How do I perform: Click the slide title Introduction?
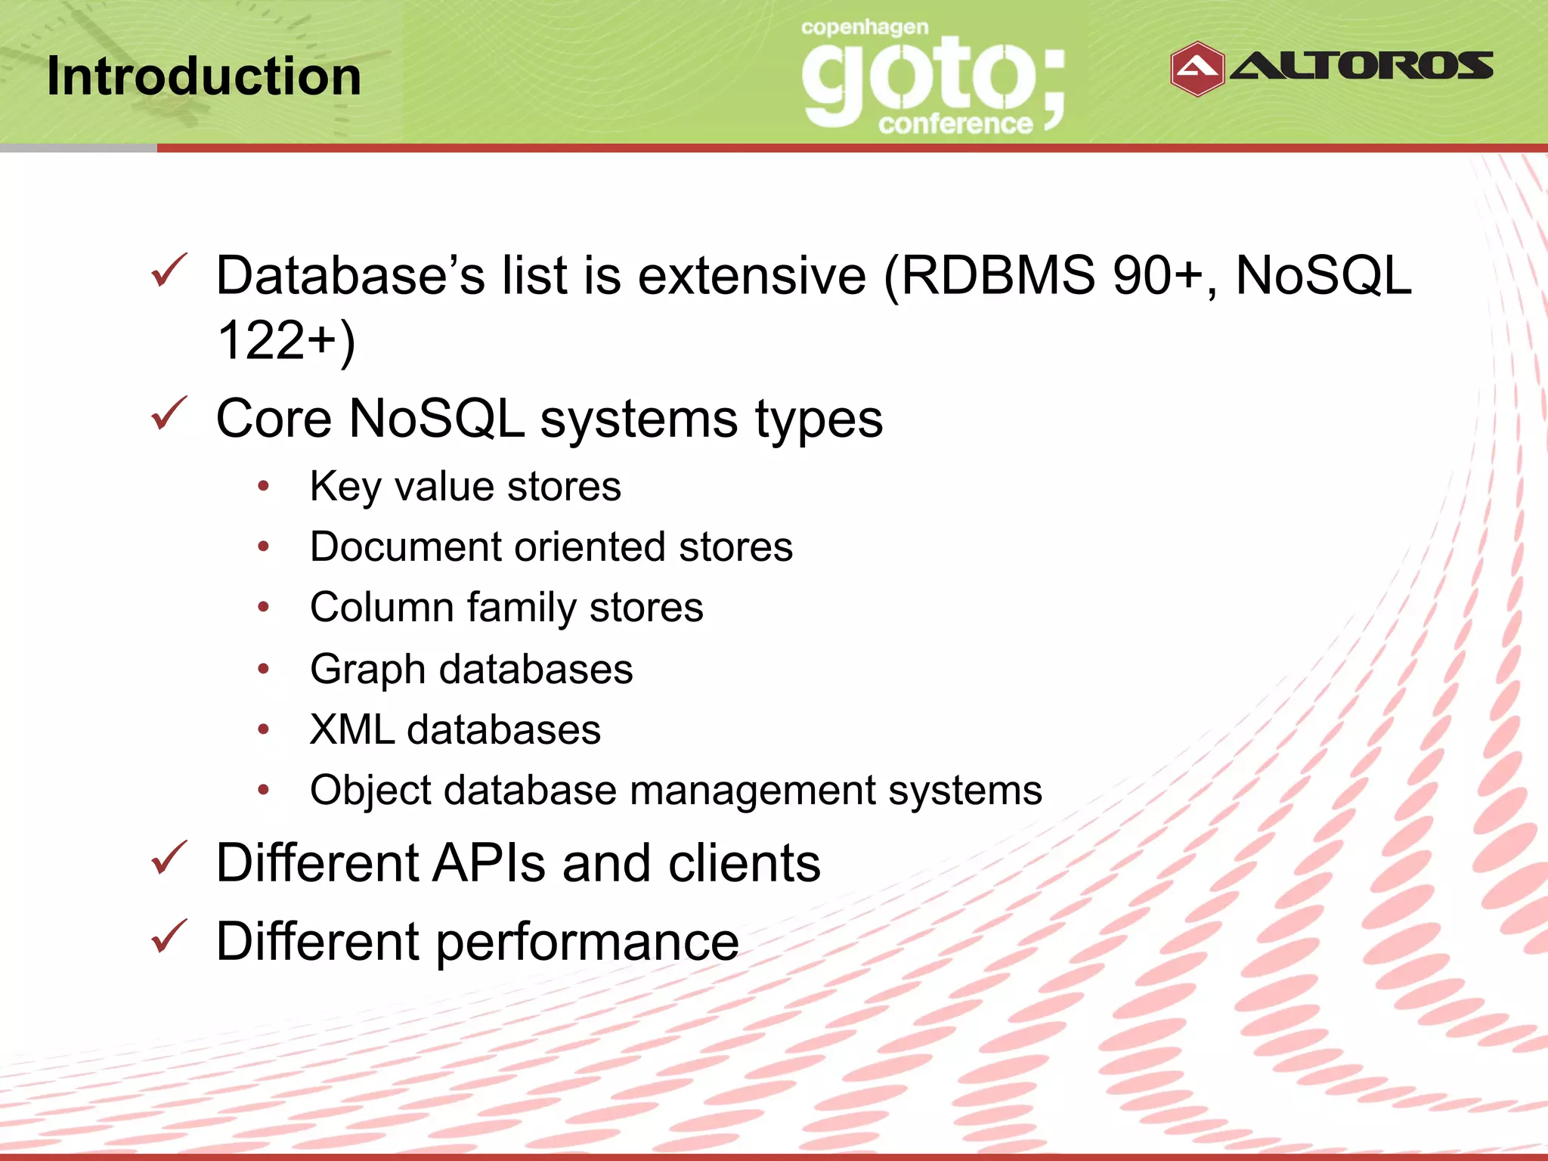[204, 76]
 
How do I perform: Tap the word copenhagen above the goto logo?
[864, 29]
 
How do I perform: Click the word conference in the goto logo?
[955, 123]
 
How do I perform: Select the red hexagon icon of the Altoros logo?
[1197, 69]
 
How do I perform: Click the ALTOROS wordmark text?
[1361, 66]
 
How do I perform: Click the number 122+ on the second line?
[277, 340]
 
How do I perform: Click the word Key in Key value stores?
[344, 487]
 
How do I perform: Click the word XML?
[351, 729]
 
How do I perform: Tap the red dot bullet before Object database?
[263, 790]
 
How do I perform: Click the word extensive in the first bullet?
[751, 275]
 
